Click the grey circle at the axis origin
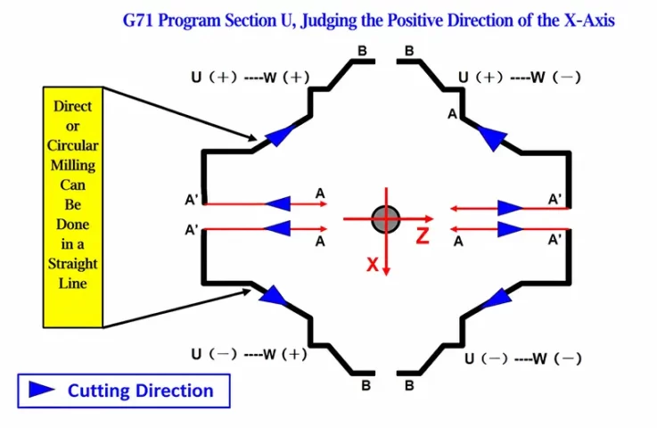(x=386, y=218)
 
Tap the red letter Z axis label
(x=423, y=235)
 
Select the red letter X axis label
(x=373, y=265)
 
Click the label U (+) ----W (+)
(x=250, y=78)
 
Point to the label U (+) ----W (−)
(x=520, y=78)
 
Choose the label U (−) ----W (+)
(x=250, y=354)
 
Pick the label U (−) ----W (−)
(x=523, y=358)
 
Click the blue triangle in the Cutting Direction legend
(x=42, y=390)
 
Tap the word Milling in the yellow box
(x=73, y=166)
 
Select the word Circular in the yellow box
(x=72, y=145)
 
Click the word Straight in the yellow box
(x=72, y=264)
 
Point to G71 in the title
(x=137, y=21)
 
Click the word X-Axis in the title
(x=589, y=21)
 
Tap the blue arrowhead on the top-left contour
(x=280, y=134)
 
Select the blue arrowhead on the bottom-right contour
(x=498, y=298)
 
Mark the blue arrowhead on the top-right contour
(x=493, y=137)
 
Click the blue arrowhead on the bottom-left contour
(x=273, y=295)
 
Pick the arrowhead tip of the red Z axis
(x=433, y=218)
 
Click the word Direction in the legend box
(x=176, y=391)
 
